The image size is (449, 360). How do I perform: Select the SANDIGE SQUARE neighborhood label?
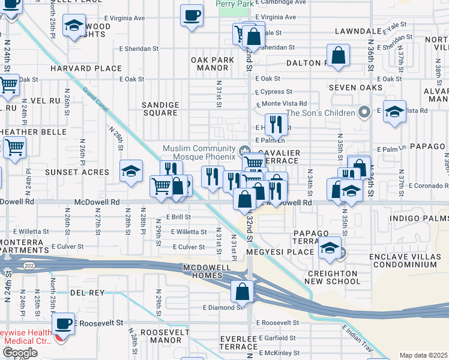click(x=160, y=109)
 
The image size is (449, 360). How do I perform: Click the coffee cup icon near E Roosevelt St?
click(x=63, y=324)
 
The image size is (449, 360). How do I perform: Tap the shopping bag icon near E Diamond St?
click(x=242, y=292)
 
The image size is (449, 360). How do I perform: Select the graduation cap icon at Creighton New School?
click(x=330, y=248)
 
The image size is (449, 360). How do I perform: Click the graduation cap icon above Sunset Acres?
click(x=130, y=172)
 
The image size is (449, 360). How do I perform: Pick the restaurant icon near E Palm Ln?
click(x=276, y=125)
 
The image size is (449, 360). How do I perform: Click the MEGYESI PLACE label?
click(x=289, y=252)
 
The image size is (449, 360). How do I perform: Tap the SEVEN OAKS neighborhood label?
click(x=355, y=88)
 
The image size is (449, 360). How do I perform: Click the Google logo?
click(x=20, y=352)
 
